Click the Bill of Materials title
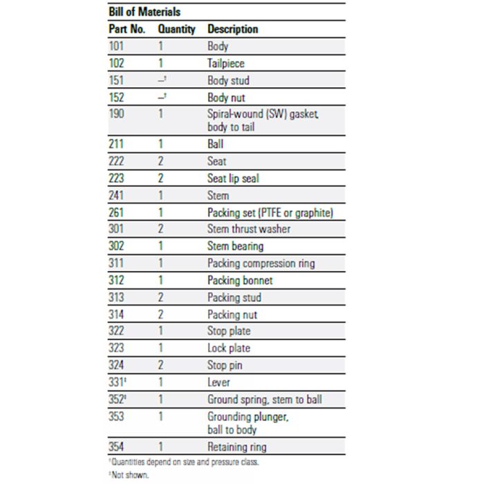(x=146, y=12)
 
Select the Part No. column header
(x=127, y=30)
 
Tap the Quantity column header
(x=176, y=30)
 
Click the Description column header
(x=232, y=30)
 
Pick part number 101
(x=116, y=47)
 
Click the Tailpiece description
(x=225, y=64)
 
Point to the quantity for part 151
(x=162, y=80)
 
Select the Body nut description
(x=226, y=97)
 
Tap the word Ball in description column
(x=215, y=145)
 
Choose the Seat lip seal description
(x=233, y=178)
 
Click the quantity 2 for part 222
(x=161, y=162)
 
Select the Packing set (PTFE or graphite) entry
(x=270, y=212)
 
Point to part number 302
(x=116, y=246)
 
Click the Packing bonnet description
(x=240, y=280)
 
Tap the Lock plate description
(x=229, y=348)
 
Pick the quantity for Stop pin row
(x=161, y=365)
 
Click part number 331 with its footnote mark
(x=118, y=382)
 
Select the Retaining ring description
(x=236, y=447)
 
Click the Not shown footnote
(x=129, y=474)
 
